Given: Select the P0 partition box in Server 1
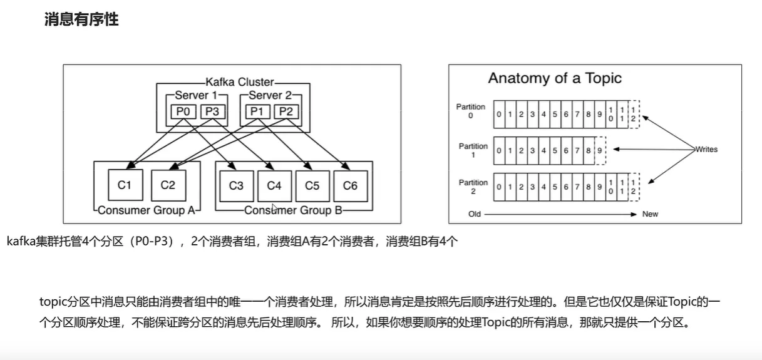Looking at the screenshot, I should coord(185,111).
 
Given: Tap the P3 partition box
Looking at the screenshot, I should coord(212,111).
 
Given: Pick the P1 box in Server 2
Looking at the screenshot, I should coord(257,111).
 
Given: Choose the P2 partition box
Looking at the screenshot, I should coord(285,111).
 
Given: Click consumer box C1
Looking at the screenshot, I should coord(125,185).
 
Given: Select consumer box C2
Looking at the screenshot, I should coord(168,185).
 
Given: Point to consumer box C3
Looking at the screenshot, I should coord(236,186).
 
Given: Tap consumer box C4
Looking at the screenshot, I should coord(274,186).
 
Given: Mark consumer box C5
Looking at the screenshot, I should coord(312,186).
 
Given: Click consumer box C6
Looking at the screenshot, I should coord(350,186).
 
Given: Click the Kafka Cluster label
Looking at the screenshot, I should coord(240,82).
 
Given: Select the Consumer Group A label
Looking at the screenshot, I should coord(147,210).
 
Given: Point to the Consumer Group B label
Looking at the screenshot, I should coord(293,210).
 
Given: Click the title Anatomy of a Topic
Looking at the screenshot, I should coord(555,78).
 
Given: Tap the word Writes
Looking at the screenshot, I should coord(706,150).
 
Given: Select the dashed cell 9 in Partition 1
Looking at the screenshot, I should coord(600,150).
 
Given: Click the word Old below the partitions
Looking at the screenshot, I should coord(475,214).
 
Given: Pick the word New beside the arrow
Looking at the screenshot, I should coord(650,214).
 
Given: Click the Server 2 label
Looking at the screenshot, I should coord(270,95).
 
